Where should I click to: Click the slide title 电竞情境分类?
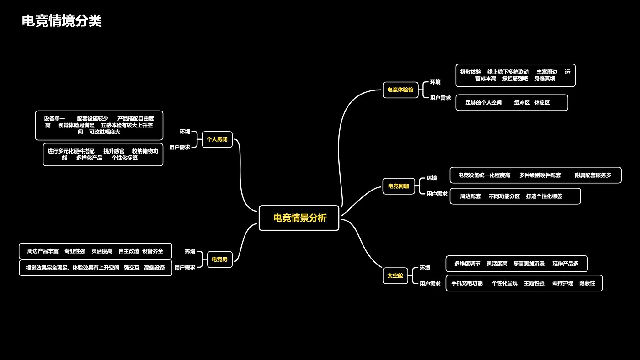pyautogui.click(x=62, y=21)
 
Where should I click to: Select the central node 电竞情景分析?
pyautogui.click(x=299, y=218)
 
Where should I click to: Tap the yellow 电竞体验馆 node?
pyautogui.click(x=400, y=90)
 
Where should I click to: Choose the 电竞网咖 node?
pyautogui.click(x=398, y=186)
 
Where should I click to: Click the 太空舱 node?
pyautogui.click(x=395, y=275)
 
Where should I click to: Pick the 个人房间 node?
pyautogui.click(x=217, y=139)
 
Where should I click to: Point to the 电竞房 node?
pyautogui.click(x=219, y=259)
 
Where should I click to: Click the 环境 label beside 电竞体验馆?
pyautogui.click(x=435, y=82)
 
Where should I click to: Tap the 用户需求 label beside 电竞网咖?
pyautogui.click(x=437, y=194)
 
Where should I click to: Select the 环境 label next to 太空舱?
pyautogui.click(x=425, y=268)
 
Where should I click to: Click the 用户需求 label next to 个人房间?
pyautogui.click(x=180, y=147)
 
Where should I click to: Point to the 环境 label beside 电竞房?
pyautogui.click(x=190, y=251)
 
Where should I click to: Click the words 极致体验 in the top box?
pyautogui.click(x=470, y=72)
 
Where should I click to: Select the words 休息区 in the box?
pyautogui.click(x=542, y=103)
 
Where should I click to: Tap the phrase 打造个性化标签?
pyautogui.click(x=544, y=196)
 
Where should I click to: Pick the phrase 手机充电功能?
pyautogui.click(x=467, y=283)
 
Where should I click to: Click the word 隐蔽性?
pyautogui.click(x=587, y=283)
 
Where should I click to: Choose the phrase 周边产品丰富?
pyautogui.click(x=43, y=251)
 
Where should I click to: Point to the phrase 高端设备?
pyautogui.click(x=154, y=268)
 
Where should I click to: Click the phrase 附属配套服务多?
pyautogui.click(x=592, y=175)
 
